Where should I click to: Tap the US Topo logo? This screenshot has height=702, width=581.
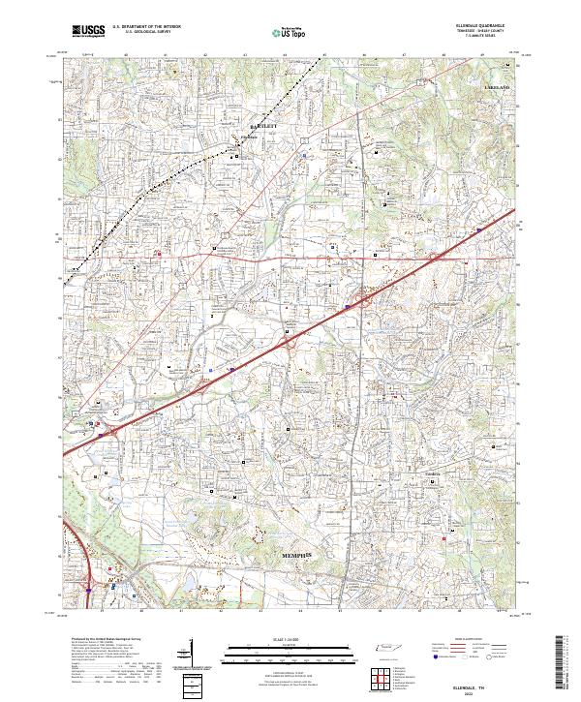(x=291, y=33)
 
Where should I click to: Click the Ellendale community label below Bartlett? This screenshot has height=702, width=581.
(x=249, y=137)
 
